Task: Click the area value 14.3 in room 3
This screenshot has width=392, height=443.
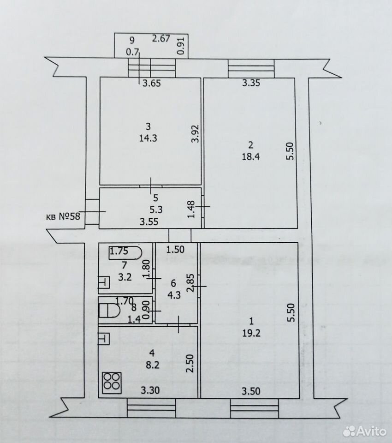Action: [x=148, y=138]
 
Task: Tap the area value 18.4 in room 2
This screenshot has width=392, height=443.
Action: [x=250, y=156]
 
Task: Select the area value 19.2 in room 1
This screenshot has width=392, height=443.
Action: [x=251, y=333]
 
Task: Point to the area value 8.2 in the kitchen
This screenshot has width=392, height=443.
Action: [x=153, y=365]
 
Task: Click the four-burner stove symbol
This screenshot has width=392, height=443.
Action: [x=112, y=383]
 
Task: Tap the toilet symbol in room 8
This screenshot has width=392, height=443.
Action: [x=109, y=311]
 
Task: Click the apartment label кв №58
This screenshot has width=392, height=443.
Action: [x=63, y=217]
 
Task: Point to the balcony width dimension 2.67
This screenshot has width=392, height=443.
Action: [x=161, y=38]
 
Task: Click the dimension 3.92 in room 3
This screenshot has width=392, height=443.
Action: [x=196, y=134]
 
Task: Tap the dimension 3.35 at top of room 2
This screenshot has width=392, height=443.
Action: [x=251, y=83]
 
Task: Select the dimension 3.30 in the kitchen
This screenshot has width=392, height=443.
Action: [x=150, y=390]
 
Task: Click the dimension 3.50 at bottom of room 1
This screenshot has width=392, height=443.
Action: [x=251, y=391]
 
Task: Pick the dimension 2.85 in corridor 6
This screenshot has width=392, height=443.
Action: [x=191, y=283]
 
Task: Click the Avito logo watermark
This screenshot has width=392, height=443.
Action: [x=364, y=431]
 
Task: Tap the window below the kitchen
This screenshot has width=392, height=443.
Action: [x=151, y=407]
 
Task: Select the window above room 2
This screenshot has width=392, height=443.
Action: [x=251, y=68]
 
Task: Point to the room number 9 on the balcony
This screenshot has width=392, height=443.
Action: [x=131, y=41]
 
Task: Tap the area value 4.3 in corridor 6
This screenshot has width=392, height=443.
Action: [x=174, y=295]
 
